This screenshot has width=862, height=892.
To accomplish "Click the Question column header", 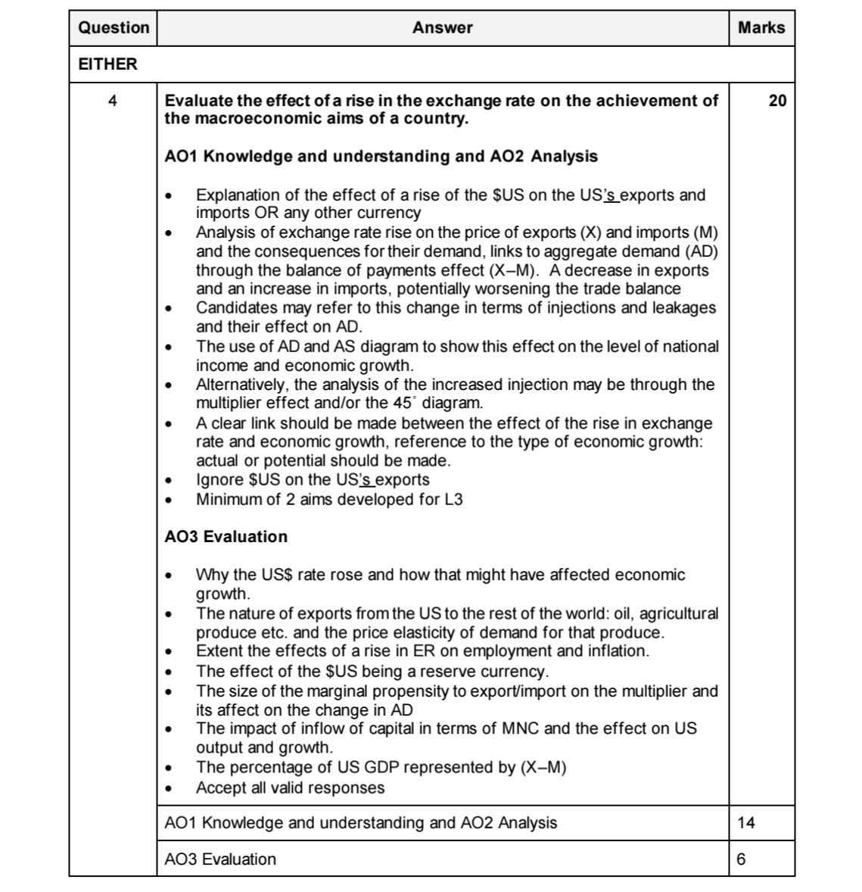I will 114,28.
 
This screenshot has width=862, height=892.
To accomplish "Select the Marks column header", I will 761,28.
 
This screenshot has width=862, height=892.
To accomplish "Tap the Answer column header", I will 443,28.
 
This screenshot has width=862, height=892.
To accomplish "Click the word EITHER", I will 108,64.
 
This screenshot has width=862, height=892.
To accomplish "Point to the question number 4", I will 113,101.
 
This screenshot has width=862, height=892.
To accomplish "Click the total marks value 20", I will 777,101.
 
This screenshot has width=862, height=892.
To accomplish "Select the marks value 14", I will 746,823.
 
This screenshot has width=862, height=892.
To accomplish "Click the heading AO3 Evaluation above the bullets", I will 226,537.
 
